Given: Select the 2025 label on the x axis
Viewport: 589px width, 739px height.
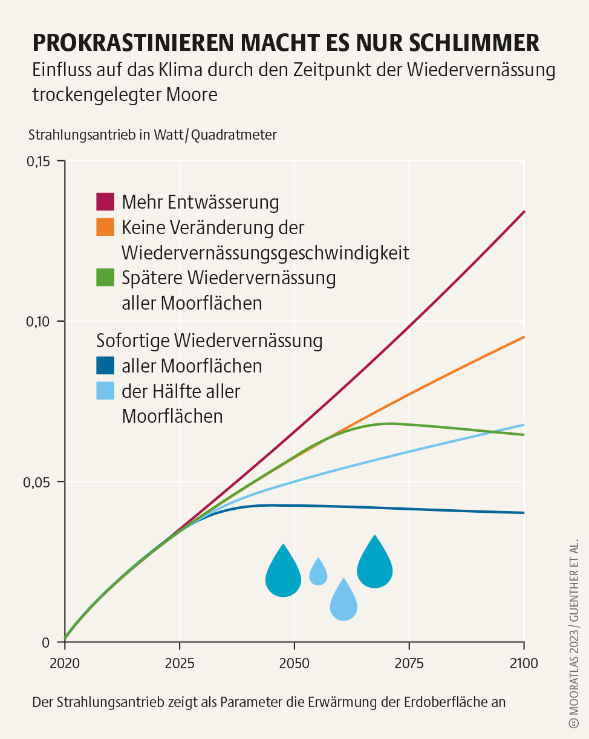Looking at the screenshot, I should [180, 663].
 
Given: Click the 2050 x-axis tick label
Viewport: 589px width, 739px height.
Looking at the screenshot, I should [294, 663].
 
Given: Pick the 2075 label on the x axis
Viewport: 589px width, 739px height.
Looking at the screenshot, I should [409, 663].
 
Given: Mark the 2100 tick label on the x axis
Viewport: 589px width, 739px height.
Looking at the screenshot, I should [524, 663].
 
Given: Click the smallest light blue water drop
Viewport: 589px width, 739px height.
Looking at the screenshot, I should [318, 572].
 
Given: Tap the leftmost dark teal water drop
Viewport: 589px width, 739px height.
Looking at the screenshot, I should [283, 573].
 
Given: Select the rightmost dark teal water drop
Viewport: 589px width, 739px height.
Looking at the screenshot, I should [375, 564].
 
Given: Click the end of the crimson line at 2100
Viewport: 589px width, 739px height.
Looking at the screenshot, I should [524, 212].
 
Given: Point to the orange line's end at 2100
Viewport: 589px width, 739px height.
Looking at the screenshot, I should [524, 337].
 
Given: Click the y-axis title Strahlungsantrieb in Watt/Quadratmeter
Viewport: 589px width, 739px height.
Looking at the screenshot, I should [152, 135].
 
